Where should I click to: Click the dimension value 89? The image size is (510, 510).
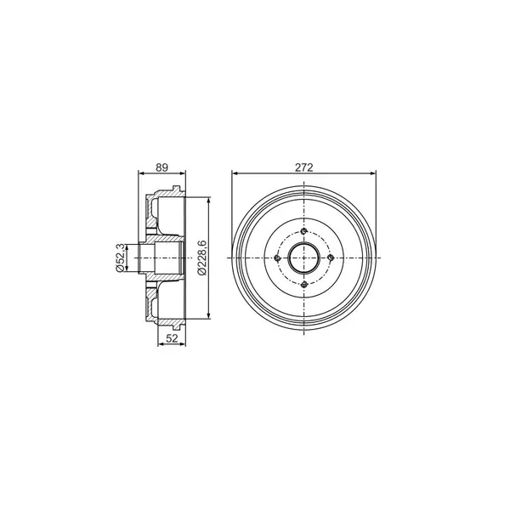161,167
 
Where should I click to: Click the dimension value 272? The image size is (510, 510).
303,167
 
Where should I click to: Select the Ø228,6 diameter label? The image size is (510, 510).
201,258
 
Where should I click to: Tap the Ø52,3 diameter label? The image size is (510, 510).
120,258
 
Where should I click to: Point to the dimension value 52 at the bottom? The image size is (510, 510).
172,338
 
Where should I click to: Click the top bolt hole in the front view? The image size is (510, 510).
303,231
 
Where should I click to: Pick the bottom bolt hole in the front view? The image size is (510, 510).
303,285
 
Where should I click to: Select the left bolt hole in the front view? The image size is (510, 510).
277,258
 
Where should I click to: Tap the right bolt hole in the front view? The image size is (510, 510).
331,258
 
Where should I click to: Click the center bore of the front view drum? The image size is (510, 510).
303,258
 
